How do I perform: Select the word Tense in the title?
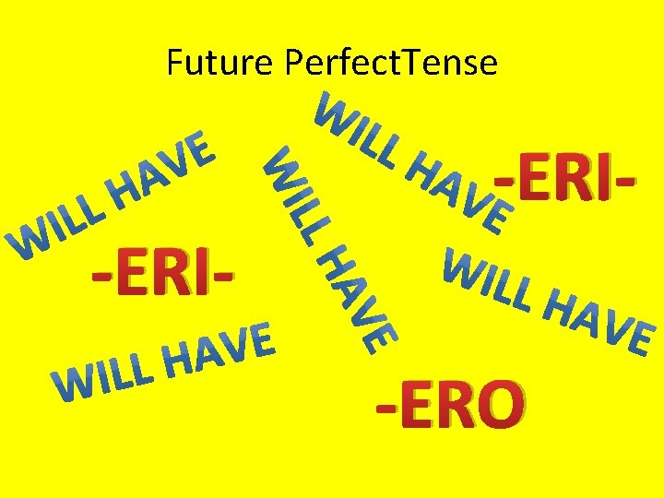[453, 63]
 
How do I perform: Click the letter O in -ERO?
[499, 406]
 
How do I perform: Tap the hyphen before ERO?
[384, 405]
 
